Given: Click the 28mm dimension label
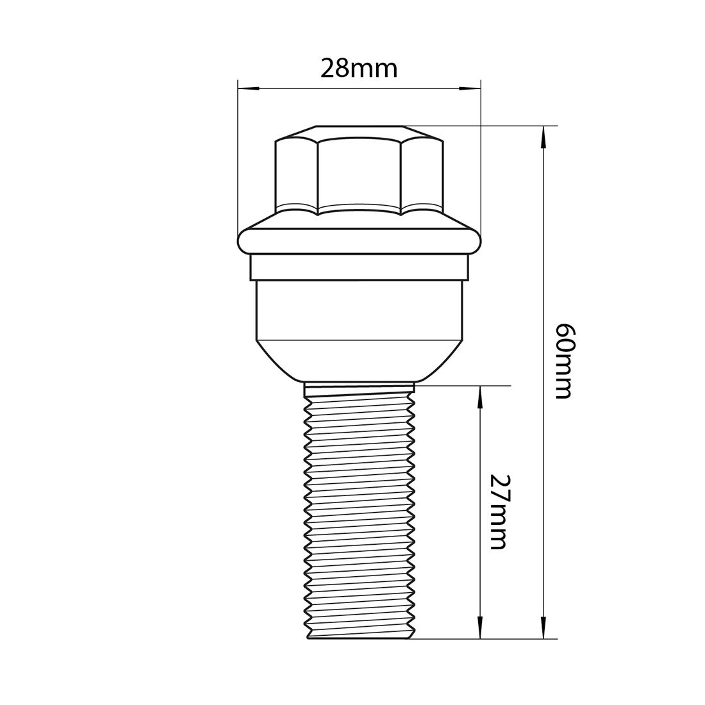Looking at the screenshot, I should pos(359,68).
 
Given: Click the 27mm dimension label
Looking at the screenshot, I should pos(498,511).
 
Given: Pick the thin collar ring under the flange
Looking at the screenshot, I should pos(359,268).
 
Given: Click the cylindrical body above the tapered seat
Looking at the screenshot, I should pos(359,310).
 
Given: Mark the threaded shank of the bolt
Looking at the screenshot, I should pos(359,513).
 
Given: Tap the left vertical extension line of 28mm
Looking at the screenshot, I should pos(238,160).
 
